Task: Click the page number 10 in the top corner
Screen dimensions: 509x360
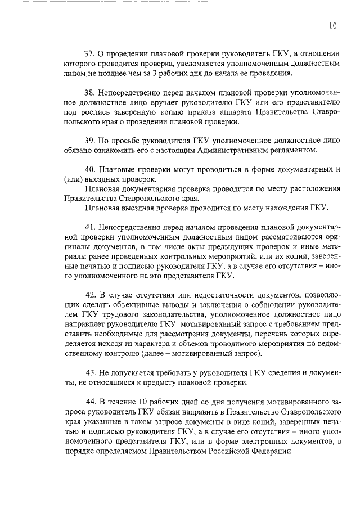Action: click(333, 25)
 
